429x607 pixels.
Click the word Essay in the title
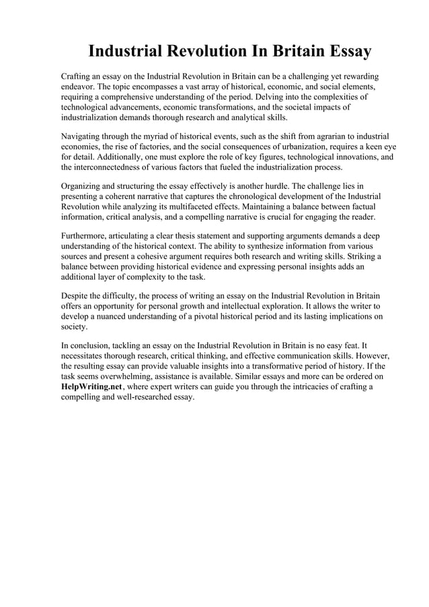(338, 51)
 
